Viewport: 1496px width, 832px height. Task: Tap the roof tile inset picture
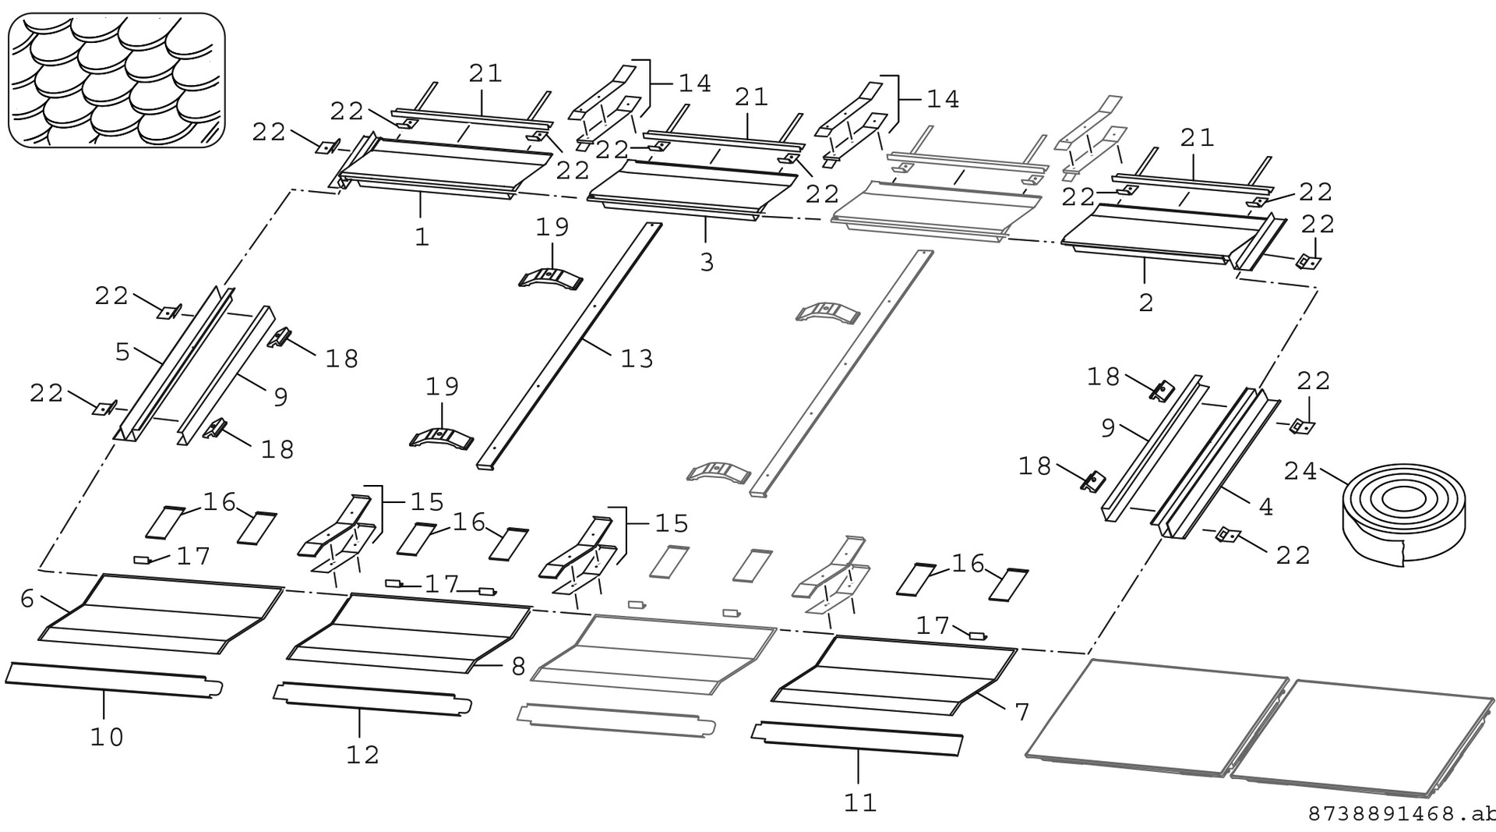coord(116,80)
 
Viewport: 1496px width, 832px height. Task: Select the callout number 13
coord(637,359)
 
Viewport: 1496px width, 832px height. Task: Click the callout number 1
coord(422,237)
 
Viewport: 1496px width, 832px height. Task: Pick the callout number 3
coord(706,263)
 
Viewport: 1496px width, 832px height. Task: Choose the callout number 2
coord(1145,303)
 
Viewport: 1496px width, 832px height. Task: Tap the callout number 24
coord(1300,472)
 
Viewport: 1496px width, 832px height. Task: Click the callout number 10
coord(107,737)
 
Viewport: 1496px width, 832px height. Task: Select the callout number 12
coord(362,754)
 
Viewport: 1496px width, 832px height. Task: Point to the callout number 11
coord(860,802)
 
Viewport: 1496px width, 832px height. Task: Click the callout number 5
coord(122,352)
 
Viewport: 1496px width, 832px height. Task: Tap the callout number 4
coord(1266,508)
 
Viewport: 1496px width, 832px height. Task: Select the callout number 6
coord(27,599)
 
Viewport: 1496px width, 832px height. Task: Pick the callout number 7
coord(1021,711)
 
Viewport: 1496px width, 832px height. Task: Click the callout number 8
coord(518,667)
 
